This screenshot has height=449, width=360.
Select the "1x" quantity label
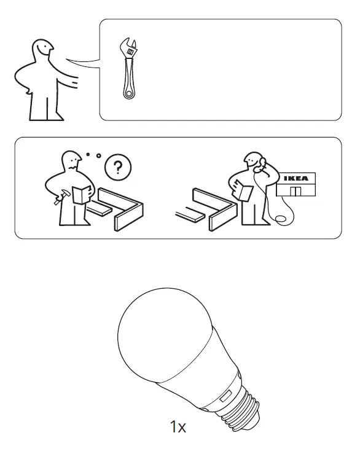click(178, 426)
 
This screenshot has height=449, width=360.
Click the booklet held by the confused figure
click(80, 194)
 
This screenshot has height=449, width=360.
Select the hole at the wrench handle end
click(128, 93)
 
